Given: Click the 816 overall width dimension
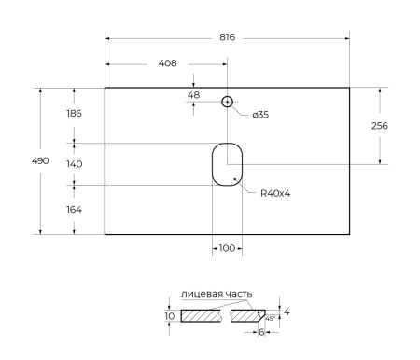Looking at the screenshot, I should click(x=227, y=38).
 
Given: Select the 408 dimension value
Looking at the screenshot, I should click(x=167, y=64).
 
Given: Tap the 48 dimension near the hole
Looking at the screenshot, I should click(x=193, y=95).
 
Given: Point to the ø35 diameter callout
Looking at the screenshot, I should click(x=261, y=114).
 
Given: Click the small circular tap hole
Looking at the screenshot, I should click(x=227, y=101).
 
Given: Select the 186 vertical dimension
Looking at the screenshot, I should click(x=74, y=114).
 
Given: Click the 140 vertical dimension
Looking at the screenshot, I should click(x=74, y=163).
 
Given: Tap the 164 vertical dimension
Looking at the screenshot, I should click(x=74, y=209).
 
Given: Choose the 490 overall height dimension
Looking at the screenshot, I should click(x=42, y=160).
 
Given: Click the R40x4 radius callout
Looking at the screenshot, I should click(x=275, y=193).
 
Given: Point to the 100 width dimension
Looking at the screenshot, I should click(x=226, y=248).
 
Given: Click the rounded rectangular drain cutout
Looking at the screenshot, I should click(x=226, y=163).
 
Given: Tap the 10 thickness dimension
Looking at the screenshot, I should click(x=169, y=316).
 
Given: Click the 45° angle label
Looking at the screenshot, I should click(x=271, y=318).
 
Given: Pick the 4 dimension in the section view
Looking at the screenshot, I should click(x=287, y=312).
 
